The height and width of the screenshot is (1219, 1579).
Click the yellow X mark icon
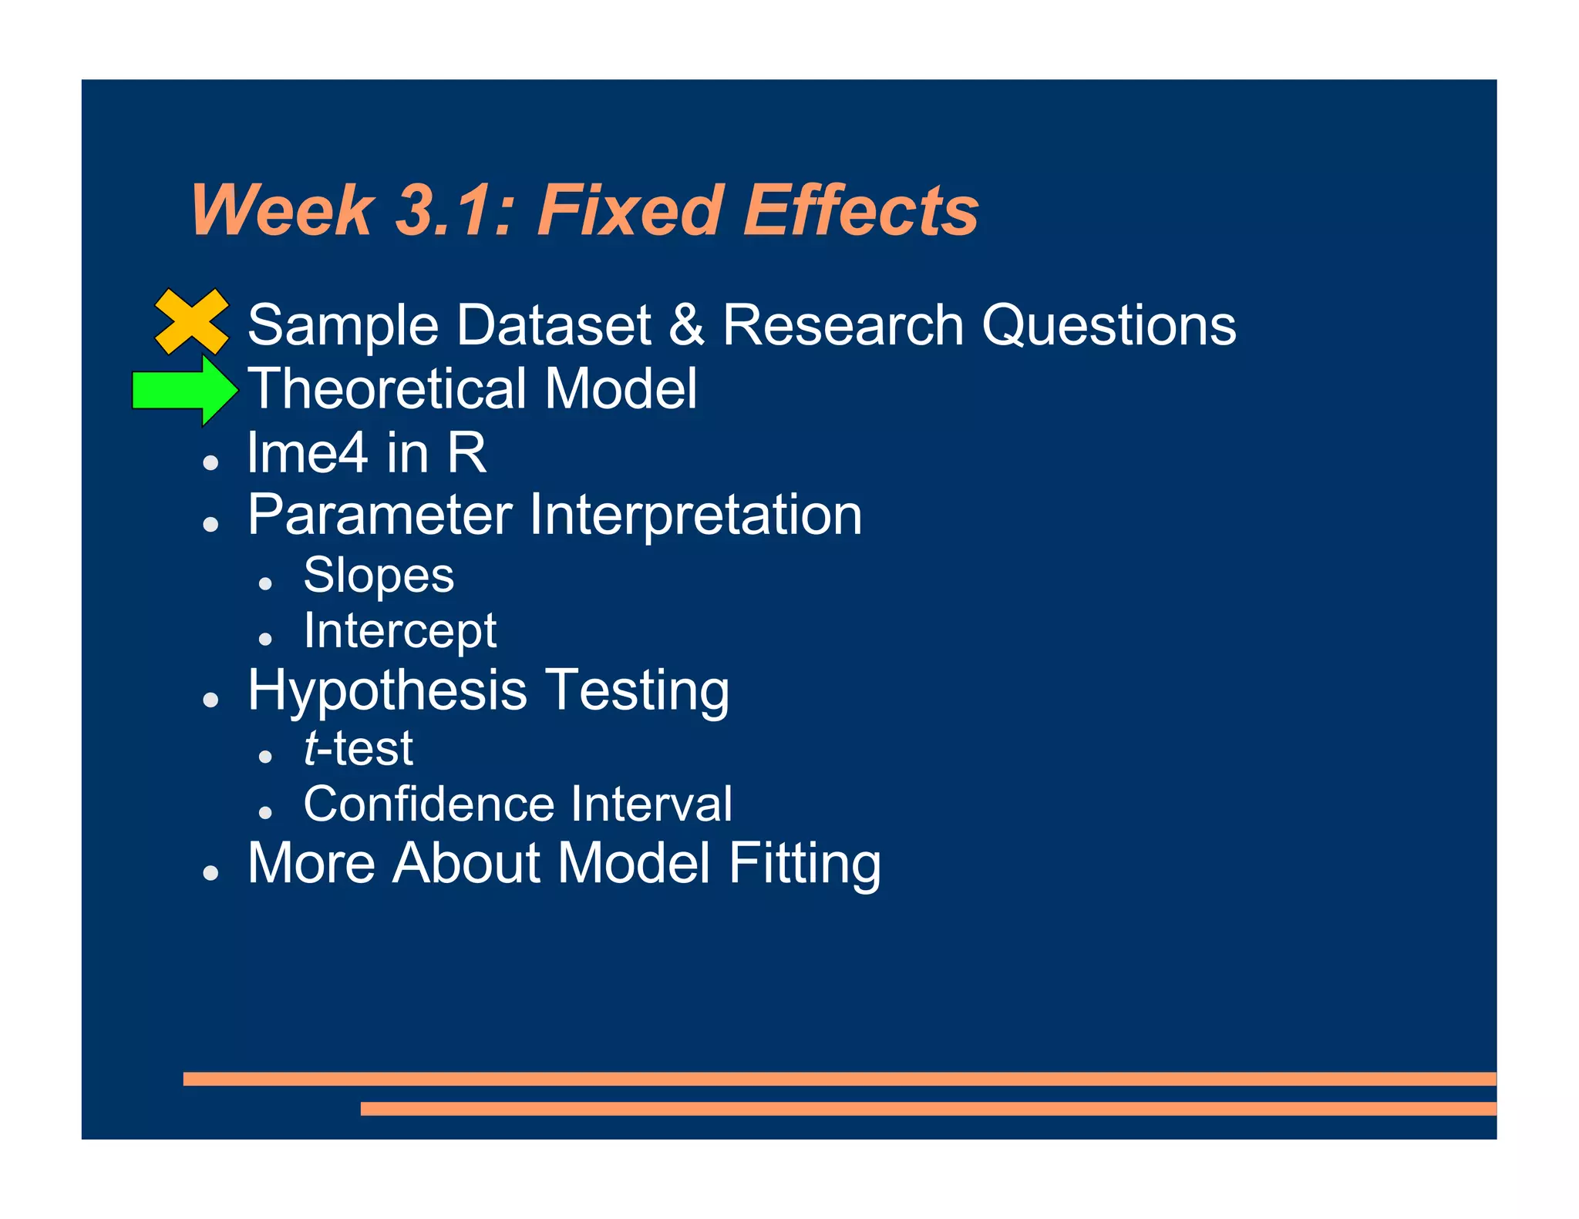coord(191,321)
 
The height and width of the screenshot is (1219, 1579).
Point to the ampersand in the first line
coord(686,324)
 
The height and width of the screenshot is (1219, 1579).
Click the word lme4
coord(307,452)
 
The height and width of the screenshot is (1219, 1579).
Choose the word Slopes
coord(379,576)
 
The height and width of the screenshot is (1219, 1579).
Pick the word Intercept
coord(399,631)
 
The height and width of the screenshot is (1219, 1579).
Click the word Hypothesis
coord(387,690)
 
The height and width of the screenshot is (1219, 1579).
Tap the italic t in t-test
coord(311,748)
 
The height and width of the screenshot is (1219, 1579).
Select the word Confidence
coord(428,804)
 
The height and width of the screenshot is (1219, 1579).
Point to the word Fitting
coord(804,863)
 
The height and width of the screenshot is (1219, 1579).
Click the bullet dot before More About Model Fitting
coord(210,873)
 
